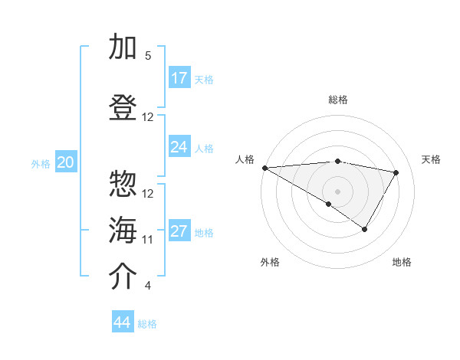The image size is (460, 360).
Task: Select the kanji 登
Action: (x=123, y=108)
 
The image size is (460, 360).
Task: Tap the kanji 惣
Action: (x=123, y=185)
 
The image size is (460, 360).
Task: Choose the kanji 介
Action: (x=123, y=277)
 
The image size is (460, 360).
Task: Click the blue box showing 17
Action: (x=179, y=78)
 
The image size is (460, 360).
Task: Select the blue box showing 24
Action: (x=179, y=147)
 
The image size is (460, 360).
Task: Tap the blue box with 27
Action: (x=179, y=231)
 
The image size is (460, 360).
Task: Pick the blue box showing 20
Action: (x=66, y=162)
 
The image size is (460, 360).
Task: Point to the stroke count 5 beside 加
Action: (x=148, y=56)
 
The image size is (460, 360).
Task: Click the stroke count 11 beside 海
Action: (x=148, y=240)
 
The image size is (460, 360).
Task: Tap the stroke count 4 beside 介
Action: (x=148, y=286)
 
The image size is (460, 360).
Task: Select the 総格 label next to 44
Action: (x=148, y=324)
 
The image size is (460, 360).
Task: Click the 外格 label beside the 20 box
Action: (x=41, y=163)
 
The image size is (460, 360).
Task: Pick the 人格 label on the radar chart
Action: (x=245, y=159)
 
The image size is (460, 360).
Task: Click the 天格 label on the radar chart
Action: (x=432, y=159)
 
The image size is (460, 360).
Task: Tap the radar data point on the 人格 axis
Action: (x=264, y=168)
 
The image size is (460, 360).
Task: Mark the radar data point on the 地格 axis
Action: (x=365, y=229)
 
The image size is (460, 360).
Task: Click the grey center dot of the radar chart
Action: (x=337, y=190)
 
